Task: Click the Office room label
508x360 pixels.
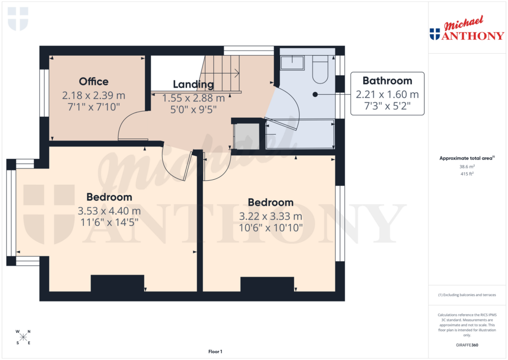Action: pos(93,81)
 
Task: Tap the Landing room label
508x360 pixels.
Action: pos(193,84)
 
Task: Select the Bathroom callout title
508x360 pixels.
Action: pos(387,80)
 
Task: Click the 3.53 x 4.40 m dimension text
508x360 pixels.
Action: pos(109,211)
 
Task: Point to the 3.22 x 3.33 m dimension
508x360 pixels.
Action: pos(270,216)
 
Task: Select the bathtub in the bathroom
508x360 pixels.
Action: pos(300,134)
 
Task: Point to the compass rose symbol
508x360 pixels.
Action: pos(22,337)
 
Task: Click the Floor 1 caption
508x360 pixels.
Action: pos(215,352)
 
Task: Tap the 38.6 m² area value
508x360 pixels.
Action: pos(467,167)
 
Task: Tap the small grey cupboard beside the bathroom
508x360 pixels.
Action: pos(247,136)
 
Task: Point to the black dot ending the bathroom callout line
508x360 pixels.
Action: pos(315,94)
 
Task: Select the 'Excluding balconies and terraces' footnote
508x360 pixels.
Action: pos(467,295)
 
